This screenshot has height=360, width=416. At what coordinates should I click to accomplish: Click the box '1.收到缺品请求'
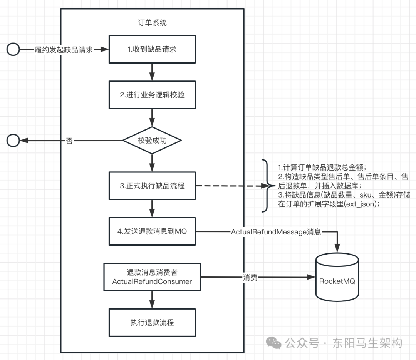[152, 49]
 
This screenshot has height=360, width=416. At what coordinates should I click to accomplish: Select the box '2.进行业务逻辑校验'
[152, 95]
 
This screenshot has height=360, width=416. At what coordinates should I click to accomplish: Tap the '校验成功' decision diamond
[152, 141]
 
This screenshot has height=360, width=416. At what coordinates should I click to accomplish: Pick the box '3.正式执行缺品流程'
[152, 186]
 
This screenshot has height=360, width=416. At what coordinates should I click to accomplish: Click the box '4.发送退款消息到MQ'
[152, 231]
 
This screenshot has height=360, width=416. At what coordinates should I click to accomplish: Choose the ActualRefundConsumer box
[152, 277]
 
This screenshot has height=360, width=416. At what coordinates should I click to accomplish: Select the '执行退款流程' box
[152, 322]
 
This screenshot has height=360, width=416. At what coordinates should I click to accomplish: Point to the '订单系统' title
[152, 23]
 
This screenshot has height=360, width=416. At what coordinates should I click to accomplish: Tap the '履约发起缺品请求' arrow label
[64, 50]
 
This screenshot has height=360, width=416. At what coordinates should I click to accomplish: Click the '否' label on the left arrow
[69, 141]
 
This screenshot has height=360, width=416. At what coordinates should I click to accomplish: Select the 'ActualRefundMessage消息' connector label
[276, 232]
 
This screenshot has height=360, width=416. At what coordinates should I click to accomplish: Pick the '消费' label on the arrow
[250, 277]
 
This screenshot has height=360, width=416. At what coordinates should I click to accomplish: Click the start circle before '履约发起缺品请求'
[13, 49]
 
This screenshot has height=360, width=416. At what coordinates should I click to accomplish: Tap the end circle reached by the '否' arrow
[13, 141]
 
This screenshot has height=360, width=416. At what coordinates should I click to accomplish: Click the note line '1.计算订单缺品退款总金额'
[322, 167]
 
